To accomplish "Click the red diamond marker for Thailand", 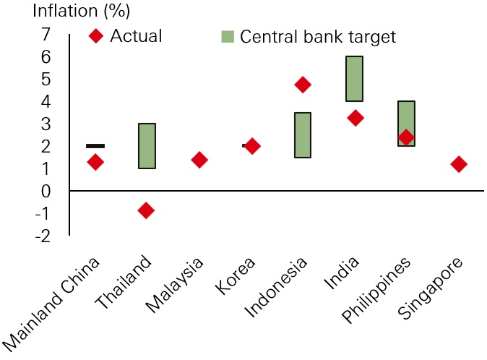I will point(146,210).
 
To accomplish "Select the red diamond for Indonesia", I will point(303,85).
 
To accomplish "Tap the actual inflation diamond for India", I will point(355,118).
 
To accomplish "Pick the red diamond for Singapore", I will point(459,164).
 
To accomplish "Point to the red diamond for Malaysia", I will point(199,160).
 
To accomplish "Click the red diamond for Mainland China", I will point(95,163).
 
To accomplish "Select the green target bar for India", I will point(355,79).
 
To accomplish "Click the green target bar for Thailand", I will point(147,146).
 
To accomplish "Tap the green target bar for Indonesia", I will point(303,135).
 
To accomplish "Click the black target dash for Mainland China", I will point(95,146).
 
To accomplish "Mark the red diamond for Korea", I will point(251,146).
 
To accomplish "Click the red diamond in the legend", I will point(95,35).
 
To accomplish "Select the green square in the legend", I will point(227,36).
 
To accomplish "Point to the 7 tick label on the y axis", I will point(47,35).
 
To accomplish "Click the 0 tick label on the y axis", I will point(47,191).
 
